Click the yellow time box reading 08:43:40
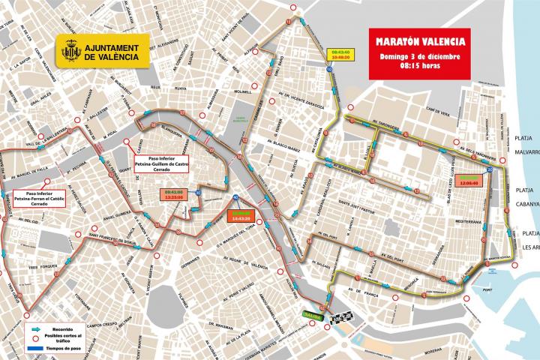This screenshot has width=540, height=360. click(339, 51)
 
